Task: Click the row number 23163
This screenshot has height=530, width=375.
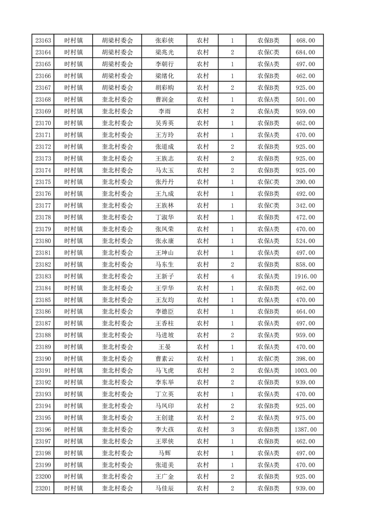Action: point(43,41)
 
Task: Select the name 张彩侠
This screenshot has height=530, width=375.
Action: point(164,41)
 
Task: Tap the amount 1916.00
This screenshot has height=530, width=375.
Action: point(305,276)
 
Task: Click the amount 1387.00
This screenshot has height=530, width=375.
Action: point(305,429)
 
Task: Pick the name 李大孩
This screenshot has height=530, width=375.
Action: point(164,429)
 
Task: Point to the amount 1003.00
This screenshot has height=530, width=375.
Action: point(305,370)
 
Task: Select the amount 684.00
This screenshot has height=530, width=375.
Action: point(305,52)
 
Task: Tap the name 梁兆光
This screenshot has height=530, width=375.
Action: point(164,52)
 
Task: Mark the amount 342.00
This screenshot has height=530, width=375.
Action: point(305,205)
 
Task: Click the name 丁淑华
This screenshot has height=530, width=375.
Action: point(164,217)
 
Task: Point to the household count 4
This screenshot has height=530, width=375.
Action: point(232,276)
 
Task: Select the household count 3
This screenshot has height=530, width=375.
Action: point(232,429)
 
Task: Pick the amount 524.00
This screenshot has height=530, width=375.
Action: point(305,241)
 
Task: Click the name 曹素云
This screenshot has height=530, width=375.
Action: point(164,359)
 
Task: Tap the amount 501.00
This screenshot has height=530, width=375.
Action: point(305,100)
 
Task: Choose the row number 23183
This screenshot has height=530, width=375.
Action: point(43,276)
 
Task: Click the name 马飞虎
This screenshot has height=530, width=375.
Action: point(164,370)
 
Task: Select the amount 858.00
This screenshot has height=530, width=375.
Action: point(305,265)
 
